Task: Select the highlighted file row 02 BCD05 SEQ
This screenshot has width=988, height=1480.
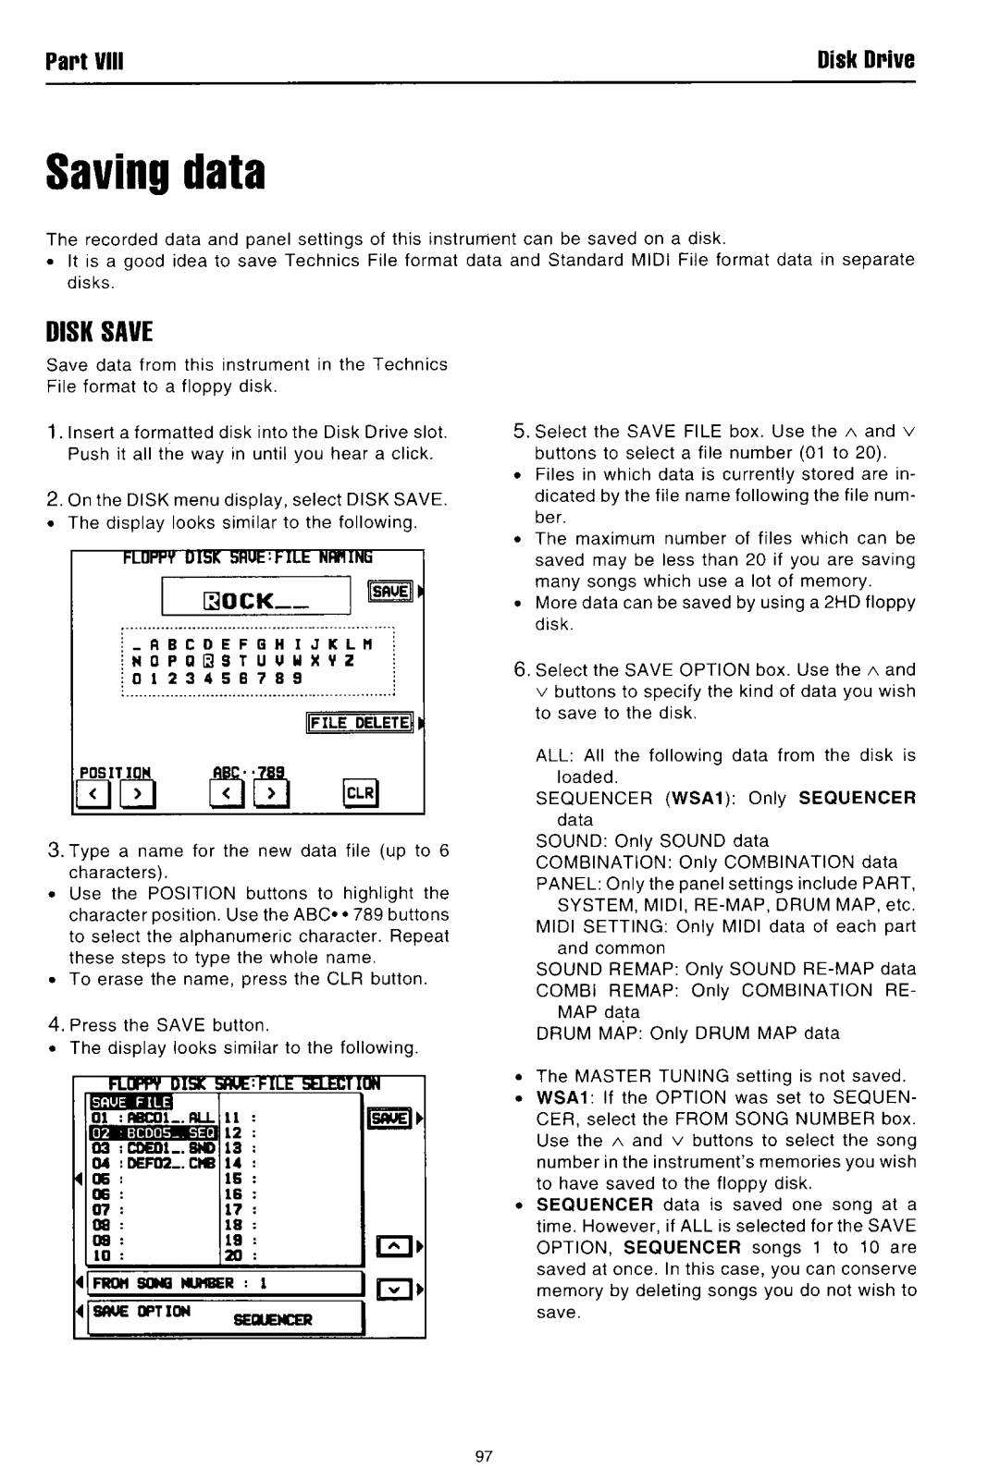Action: [151, 1131]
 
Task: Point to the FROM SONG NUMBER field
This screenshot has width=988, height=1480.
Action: [222, 1283]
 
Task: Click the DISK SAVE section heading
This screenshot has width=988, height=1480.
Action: [99, 332]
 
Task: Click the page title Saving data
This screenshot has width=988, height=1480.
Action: [156, 173]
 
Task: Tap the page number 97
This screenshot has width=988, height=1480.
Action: [482, 1456]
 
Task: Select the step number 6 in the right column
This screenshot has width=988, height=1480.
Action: [520, 669]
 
